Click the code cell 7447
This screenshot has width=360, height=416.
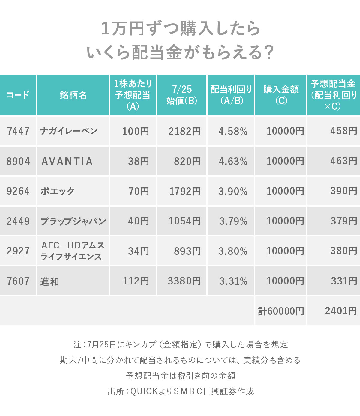(18, 131)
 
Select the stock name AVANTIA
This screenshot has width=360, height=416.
(67, 161)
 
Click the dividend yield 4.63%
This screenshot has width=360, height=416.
(233, 161)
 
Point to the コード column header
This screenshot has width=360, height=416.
(18, 95)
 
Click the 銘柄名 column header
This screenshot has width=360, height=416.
(73, 95)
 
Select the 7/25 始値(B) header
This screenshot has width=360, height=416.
(182, 95)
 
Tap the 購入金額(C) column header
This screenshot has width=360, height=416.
(281, 95)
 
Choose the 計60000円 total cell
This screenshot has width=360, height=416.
(281, 311)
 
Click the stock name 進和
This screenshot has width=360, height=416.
(50, 281)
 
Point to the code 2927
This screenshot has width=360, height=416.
(18, 251)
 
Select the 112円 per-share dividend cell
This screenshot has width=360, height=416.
(136, 281)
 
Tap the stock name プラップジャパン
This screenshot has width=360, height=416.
(73, 221)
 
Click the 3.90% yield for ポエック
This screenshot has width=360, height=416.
(233, 191)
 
